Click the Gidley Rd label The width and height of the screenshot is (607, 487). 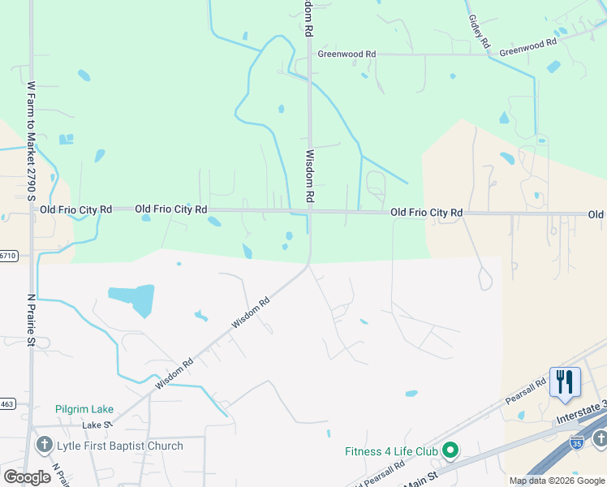point(480,29)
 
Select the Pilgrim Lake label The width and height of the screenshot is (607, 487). point(84,409)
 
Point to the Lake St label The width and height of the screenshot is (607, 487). point(96,425)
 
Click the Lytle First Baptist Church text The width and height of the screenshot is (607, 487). point(119,446)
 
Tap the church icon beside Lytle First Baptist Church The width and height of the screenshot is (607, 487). point(44,446)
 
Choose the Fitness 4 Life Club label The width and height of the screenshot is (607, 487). point(391,451)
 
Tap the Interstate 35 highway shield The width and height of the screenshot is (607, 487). point(577,442)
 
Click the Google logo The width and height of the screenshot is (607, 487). point(27,477)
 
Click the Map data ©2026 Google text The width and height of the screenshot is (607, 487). point(557,481)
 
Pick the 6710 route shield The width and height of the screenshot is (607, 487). point(7,255)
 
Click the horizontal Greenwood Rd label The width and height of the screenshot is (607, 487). point(347,54)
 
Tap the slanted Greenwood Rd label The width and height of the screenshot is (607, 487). point(528,46)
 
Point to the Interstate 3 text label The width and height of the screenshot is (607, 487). point(580,419)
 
